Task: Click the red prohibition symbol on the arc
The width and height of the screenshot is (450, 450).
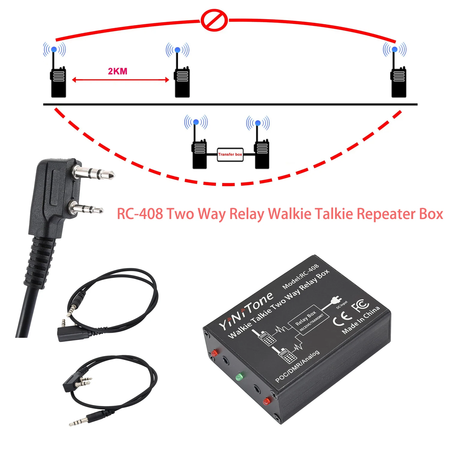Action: [214, 20]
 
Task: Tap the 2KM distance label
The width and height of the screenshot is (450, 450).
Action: [118, 71]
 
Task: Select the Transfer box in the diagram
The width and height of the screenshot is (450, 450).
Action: [230, 154]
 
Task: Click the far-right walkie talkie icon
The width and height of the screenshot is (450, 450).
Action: [399, 81]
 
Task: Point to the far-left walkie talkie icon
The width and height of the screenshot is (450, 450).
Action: [58, 81]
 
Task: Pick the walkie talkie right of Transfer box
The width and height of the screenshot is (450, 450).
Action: [262, 153]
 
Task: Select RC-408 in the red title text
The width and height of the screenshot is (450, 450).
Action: [140, 214]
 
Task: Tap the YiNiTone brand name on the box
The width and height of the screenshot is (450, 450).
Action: [246, 310]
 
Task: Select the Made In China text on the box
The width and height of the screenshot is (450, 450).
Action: [361, 320]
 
